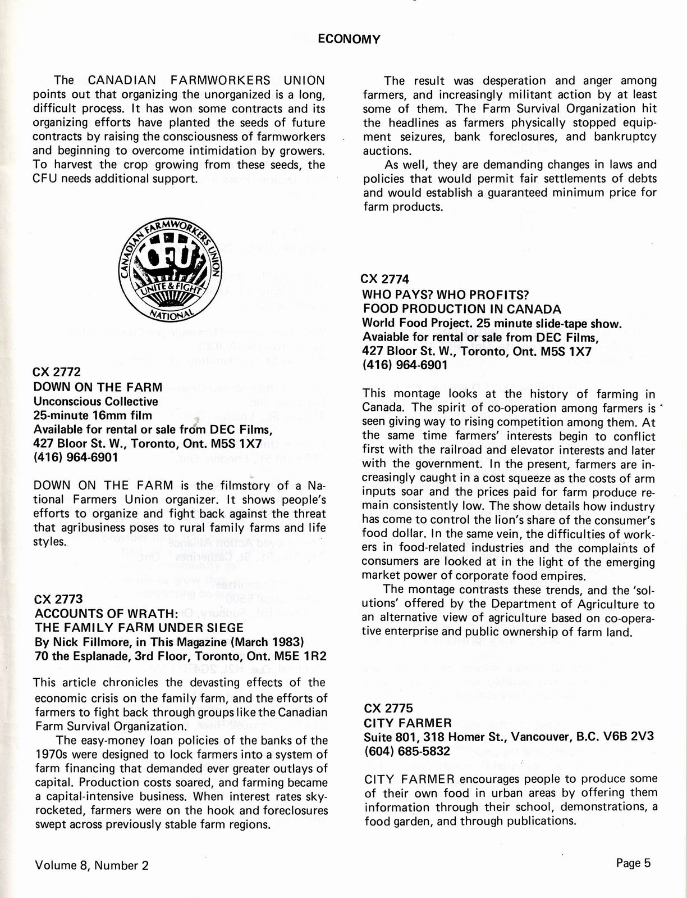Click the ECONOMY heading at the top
click(349, 39)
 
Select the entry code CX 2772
click(57, 372)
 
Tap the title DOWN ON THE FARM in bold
click(98, 387)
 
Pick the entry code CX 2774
click(385, 279)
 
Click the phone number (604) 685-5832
click(407, 751)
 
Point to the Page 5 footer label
click(633, 863)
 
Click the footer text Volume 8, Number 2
click(91, 865)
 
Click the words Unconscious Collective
click(95, 401)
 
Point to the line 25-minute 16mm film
click(93, 416)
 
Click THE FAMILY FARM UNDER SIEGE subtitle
click(139, 628)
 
